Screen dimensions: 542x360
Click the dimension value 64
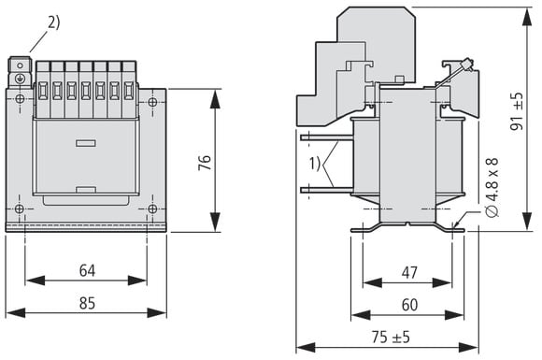point(87,270)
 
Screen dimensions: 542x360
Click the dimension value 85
point(87,303)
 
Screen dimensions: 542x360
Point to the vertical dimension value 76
point(205,162)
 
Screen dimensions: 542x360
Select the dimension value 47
point(409,273)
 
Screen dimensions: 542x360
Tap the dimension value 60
point(409,305)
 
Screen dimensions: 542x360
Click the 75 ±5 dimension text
point(391,337)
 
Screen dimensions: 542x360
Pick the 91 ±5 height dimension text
point(517,111)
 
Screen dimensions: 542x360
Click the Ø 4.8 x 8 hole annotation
point(492,187)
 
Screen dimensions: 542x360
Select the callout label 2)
point(54,22)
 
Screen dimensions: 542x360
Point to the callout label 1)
point(315,164)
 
